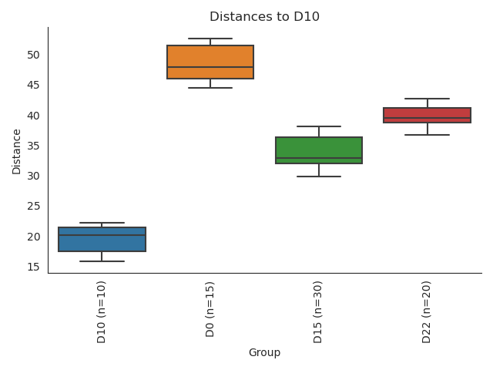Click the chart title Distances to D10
(264, 17)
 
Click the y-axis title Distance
(17, 151)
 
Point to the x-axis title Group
(264, 353)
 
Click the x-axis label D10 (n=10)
(102, 312)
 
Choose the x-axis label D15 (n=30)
(319, 312)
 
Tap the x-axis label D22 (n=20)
(427, 312)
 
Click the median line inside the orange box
(210, 67)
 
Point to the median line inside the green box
(319, 158)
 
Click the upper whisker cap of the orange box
(210, 39)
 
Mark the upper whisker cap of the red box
(427, 99)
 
